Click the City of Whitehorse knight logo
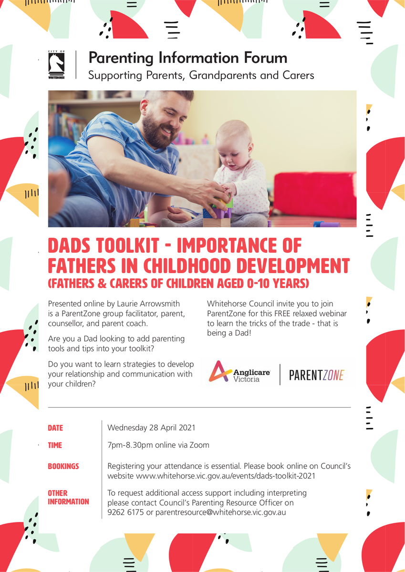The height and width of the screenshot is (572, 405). [56, 65]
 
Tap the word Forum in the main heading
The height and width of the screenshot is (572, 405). [265, 58]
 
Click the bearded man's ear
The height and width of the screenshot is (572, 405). [144, 108]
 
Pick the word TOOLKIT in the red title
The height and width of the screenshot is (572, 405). [127, 245]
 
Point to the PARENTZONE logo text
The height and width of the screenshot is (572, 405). [316, 375]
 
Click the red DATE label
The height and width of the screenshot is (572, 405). [55, 428]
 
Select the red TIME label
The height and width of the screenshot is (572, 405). [55, 445]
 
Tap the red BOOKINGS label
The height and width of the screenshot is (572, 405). [63, 466]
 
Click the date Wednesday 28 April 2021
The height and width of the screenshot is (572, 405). [151, 428]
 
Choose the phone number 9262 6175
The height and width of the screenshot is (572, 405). [125, 512]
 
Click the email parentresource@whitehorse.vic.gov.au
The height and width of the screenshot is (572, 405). [220, 513]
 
